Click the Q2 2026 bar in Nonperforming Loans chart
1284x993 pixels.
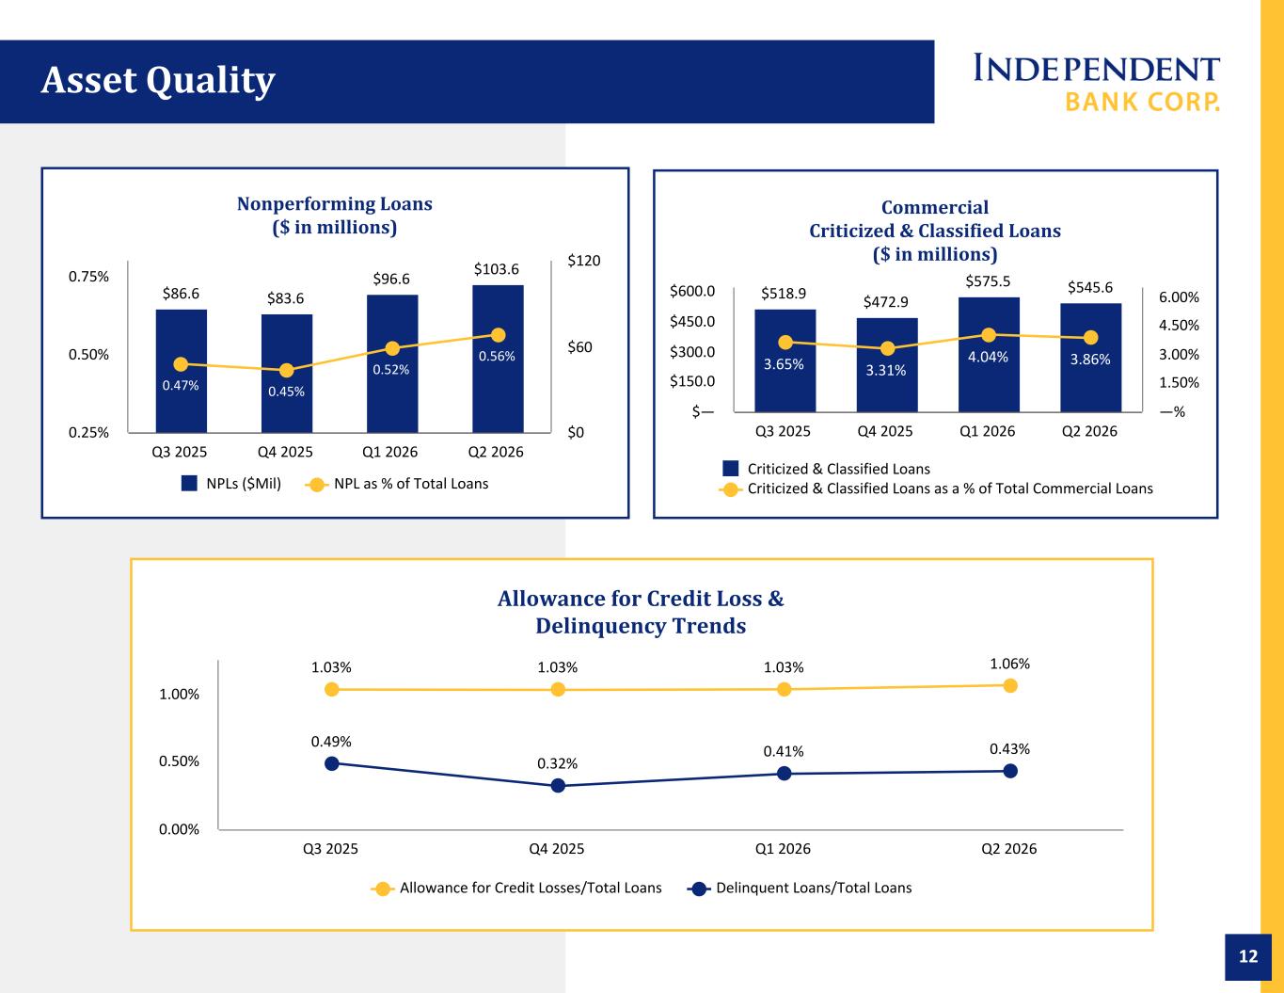coord(498,359)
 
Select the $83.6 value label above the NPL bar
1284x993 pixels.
coord(285,298)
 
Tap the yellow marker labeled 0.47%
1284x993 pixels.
coord(181,364)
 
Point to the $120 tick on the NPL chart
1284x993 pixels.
coord(584,261)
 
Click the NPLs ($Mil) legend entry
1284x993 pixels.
coord(231,484)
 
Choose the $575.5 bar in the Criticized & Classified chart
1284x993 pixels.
coord(989,355)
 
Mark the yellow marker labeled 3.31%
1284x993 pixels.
coord(887,348)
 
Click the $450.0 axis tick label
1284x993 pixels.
coord(692,322)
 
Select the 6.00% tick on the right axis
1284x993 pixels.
coord(1179,297)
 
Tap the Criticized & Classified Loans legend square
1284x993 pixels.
coord(730,469)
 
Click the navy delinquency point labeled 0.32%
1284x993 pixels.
coord(558,786)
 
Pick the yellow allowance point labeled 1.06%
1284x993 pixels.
coord(1010,685)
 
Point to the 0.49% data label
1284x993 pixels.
coord(331,742)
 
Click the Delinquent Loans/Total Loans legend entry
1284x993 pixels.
coord(800,888)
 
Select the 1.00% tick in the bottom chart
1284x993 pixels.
coord(179,695)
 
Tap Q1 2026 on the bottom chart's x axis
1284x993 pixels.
coord(783,849)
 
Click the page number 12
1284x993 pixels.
coord(1248,956)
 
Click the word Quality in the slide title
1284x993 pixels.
coord(211,80)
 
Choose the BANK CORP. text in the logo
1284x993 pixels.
coord(1142,102)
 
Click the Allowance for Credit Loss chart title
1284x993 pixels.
coord(641,612)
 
